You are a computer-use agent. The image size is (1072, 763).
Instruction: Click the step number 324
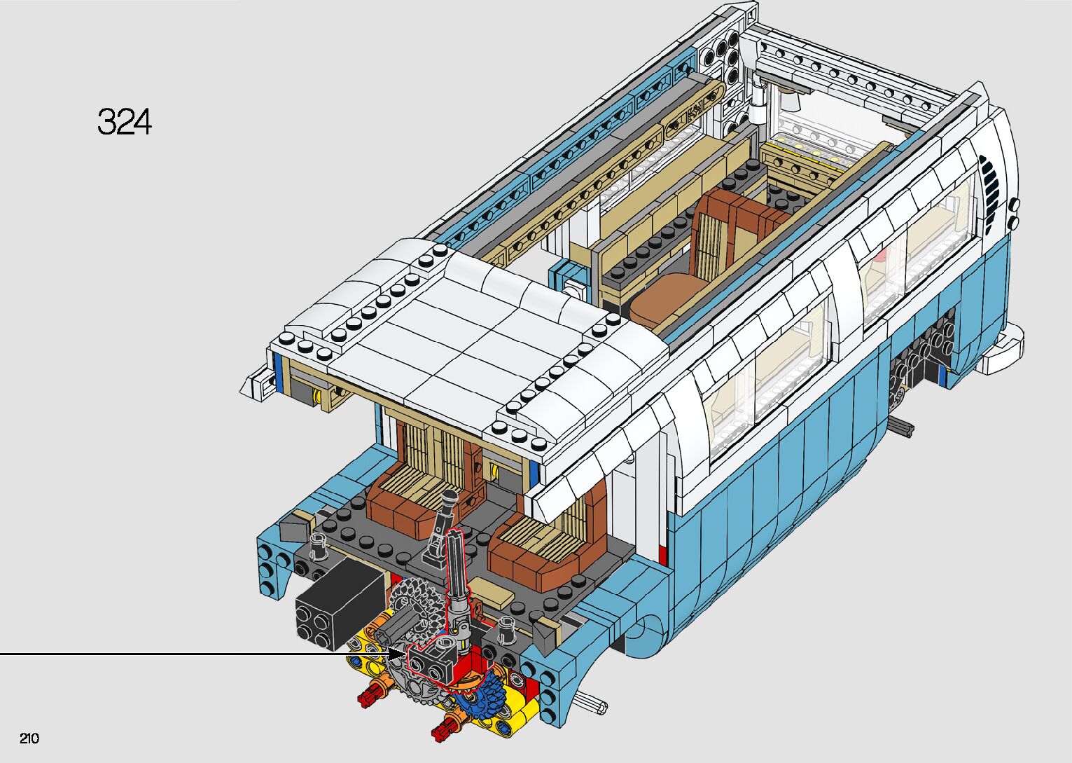coord(125,121)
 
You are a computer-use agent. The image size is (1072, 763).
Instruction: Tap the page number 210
coord(29,738)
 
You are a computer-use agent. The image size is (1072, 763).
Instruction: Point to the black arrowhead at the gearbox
coord(396,654)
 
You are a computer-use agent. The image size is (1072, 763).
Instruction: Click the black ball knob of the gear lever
coord(450,498)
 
